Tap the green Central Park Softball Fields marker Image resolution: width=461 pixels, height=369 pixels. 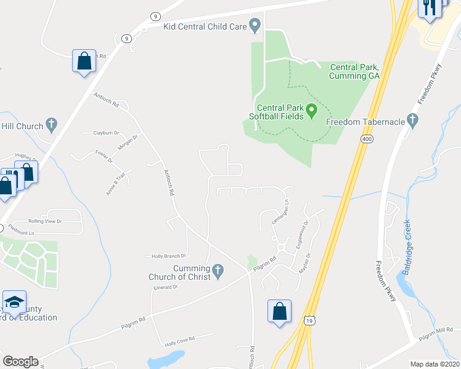(312, 111)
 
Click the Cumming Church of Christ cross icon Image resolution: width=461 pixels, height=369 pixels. (217, 269)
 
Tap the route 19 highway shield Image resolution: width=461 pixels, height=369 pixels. (309, 320)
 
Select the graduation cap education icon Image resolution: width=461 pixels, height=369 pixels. (14, 302)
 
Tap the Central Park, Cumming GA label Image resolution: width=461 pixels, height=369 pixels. (354, 71)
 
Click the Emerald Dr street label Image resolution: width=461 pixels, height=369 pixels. (165, 287)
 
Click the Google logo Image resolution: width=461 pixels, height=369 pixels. (20, 362)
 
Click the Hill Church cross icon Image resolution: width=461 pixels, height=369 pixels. (51, 125)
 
